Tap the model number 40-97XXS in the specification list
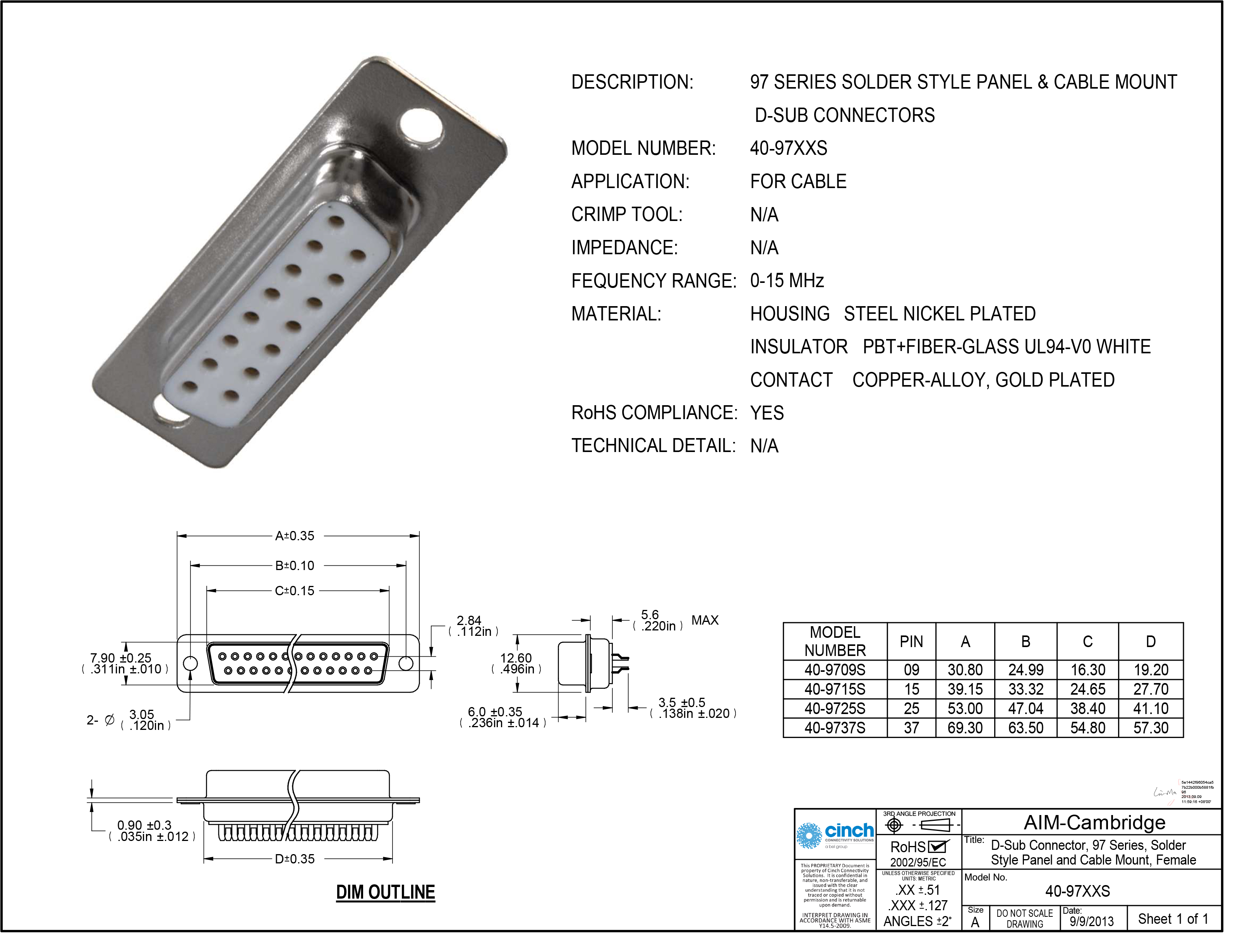pyautogui.click(x=788, y=149)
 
